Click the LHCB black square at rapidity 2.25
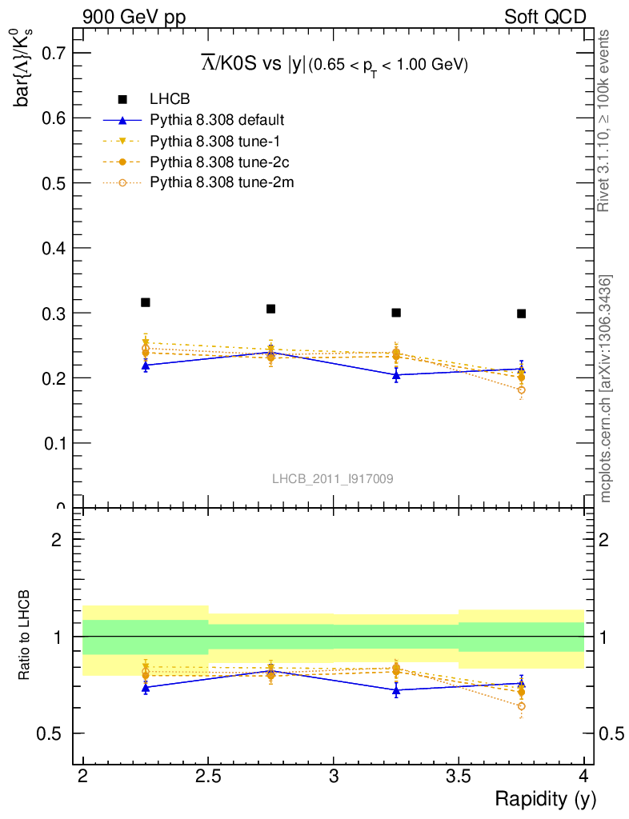tap(146, 302)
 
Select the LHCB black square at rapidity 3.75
tap(521, 314)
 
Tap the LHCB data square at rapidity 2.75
tap(270, 309)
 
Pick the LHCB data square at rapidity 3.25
tap(396, 312)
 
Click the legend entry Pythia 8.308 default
tap(217, 121)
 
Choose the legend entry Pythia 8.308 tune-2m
tap(222, 183)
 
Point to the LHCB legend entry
tap(170, 99)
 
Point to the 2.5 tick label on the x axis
tap(208, 775)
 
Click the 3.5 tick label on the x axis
tap(459, 775)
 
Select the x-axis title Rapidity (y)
tap(545, 798)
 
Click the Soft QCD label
tap(544, 17)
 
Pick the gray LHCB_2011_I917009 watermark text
tap(332, 478)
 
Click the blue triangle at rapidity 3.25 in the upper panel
tap(396, 374)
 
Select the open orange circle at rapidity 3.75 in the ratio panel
tap(521, 706)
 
